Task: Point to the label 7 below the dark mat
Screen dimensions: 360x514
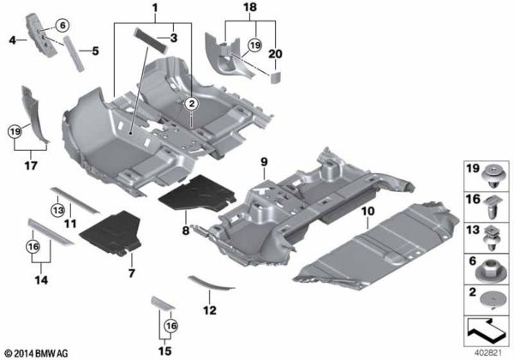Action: pos(131,273)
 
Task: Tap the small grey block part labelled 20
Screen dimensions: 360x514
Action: pos(276,75)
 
